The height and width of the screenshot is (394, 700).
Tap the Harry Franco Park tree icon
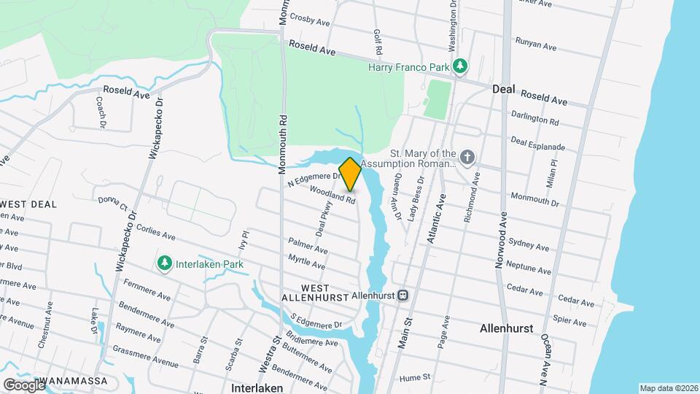[460, 67]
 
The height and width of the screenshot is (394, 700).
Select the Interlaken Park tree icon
[166, 263]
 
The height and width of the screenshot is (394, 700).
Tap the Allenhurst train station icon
[402, 295]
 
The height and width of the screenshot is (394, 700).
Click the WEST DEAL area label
[29, 204]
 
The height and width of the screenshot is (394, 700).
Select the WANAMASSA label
[75, 381]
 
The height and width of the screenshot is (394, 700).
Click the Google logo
[23, 384]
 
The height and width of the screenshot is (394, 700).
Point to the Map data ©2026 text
[667, 388]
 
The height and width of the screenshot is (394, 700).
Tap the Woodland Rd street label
[332, 194]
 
